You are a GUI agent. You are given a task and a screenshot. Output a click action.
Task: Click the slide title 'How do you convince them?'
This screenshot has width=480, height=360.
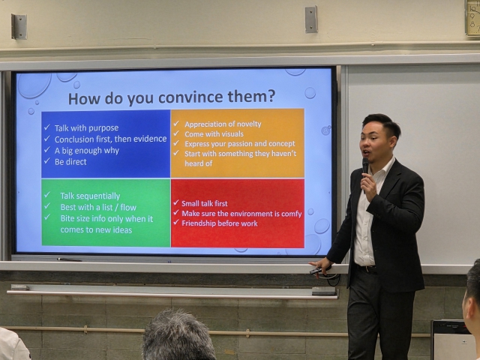pyautogui.click(x=172, y=97)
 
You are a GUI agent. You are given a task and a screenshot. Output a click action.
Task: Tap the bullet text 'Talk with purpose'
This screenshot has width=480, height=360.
pyautogui.click(x=87, y=128)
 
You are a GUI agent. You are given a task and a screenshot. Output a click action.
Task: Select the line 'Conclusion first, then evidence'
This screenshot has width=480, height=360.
pyautogui.click(x=110, y=139)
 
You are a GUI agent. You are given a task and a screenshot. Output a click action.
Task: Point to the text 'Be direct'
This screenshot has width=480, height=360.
pyautogui.click(x=70, y=162)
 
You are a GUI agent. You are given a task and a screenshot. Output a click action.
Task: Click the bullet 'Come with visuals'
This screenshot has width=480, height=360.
pyautogui.click(x=214, y=133)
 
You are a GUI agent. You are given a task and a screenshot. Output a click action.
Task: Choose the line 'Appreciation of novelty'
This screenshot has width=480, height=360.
pyautogui.click(x=223, y=124)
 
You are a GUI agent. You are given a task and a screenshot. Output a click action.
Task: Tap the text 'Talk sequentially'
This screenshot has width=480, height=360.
pyautogui.click(x=90, y=196)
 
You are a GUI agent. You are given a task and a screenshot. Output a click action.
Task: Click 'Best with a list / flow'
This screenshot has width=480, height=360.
pyautogui.click(x=98, y=207)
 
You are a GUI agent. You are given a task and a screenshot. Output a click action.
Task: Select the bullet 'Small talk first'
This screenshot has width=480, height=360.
pyautogui.click(x=205, y=203)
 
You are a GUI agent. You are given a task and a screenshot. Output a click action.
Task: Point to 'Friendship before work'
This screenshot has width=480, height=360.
pyautogui.click(x=220, y=223)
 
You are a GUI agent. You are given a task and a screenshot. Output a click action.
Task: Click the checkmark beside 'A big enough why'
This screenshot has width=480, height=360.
pyautogui.click(x=46, y=149)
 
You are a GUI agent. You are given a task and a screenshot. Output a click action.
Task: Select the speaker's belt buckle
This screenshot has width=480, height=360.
pyautogui.click(x=368, y=268)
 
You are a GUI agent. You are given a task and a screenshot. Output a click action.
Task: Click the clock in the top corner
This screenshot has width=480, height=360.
pyautogui.click(x=473, y=18)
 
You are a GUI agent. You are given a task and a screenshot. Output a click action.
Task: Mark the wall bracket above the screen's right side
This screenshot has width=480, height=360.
pyautogui.click(x=311, y=19)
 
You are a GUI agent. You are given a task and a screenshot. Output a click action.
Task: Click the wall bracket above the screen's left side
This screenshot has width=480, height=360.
pyautogui.click(x=19, y=27)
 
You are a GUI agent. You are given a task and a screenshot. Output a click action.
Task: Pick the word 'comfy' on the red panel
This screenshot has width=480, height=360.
pyautogui.click(x=292, y=214)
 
